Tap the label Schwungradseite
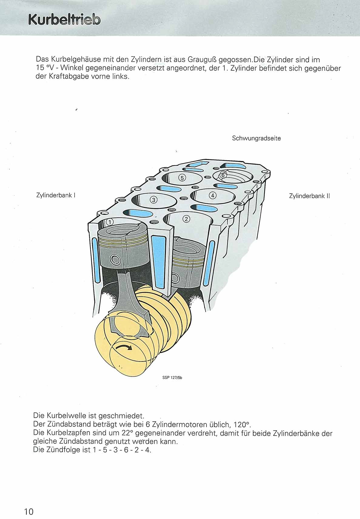tap(256, 138)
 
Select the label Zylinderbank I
tap(56, 195)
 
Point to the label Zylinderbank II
tap(309, 196)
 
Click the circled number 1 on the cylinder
tap(109, 222)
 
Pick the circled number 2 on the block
tap(186, 219)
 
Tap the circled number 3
tap(153, 199)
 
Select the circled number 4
tap(213, 195)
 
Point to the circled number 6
tap(223, 175)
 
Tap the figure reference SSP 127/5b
tap(173, 378)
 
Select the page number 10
tap(29, 511)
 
